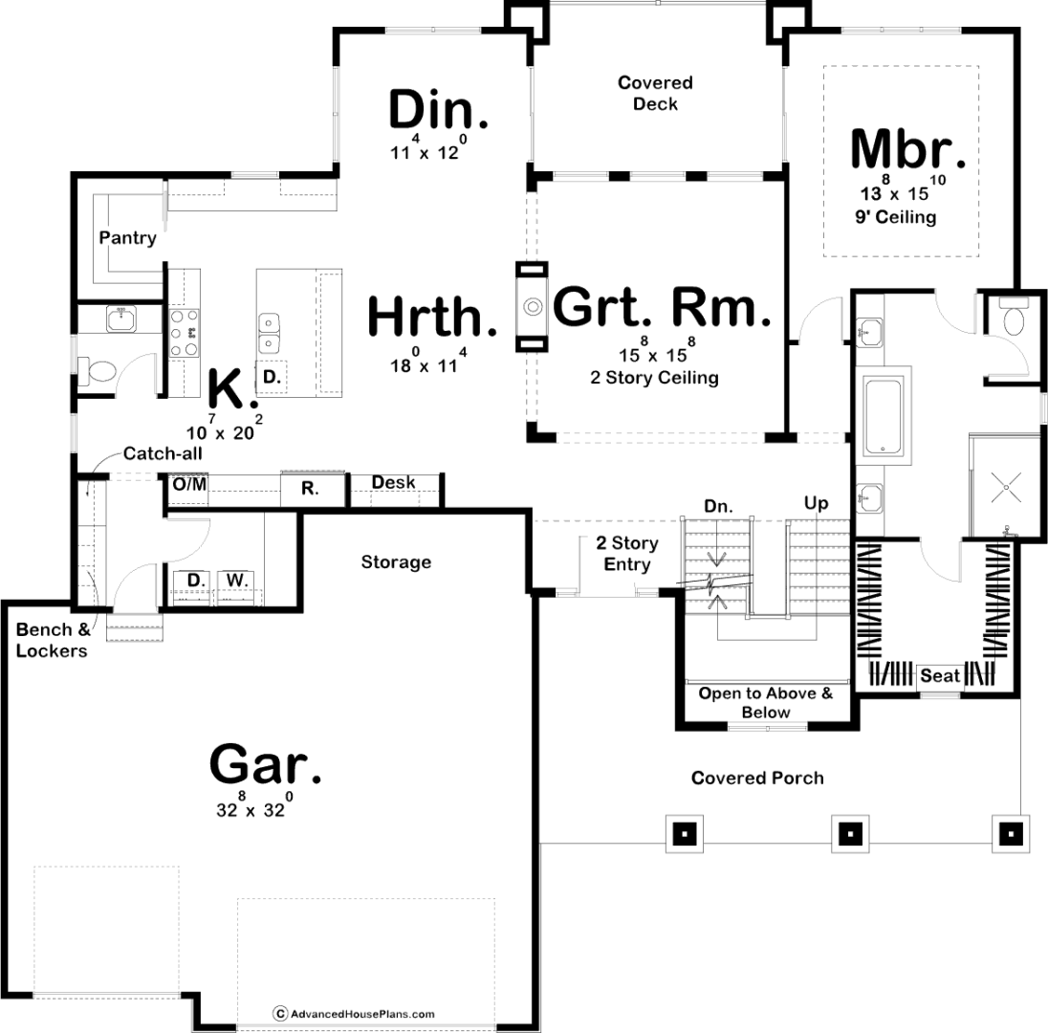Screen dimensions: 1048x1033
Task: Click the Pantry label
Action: (127, 238)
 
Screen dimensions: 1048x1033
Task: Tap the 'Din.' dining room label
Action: (439, 110)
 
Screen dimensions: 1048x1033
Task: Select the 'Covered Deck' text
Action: (655, 93)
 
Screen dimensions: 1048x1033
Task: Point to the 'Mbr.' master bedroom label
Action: (907, 149)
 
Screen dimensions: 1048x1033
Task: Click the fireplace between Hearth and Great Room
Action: (532, 306)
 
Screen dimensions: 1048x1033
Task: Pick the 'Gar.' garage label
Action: (265, 764)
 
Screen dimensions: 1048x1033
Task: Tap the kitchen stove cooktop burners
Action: (184, 332)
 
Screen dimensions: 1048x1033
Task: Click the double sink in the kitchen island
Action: (269, 334)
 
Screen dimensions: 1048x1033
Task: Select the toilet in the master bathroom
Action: (1013, 319)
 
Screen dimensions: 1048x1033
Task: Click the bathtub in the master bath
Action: (884, 415)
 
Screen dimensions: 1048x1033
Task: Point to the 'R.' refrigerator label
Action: (310, 489)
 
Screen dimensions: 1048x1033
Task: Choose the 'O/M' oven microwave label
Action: (190, 483)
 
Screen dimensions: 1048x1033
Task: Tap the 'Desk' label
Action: (393, 482)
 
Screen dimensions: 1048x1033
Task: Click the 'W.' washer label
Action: (236, 580)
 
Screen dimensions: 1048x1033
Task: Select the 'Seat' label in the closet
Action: (939, 676)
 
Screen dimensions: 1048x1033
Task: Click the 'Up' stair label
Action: (816, 504)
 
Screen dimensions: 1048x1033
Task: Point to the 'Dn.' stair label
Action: (718, 507)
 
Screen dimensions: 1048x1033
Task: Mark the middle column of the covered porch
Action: (849, 834)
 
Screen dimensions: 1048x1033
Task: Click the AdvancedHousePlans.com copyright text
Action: (354, 1014)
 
